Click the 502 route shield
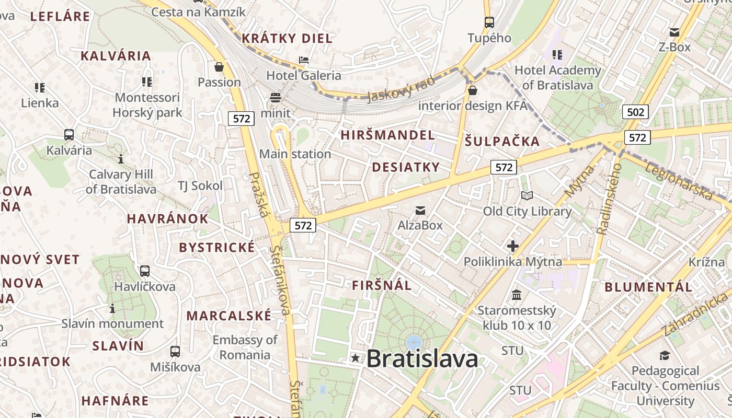(x=635, y=111)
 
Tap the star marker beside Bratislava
(x=356, y=358)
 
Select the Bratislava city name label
(x=422, y=358)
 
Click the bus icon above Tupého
(x=489, y=22)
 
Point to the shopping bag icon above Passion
(x=219, y=67)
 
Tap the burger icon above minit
(x=276, y=97)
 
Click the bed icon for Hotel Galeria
(x=304, y=60)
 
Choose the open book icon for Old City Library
(x=527, y=196)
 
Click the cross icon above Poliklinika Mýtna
(x=512, y=246)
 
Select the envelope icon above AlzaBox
(x=420, y=211)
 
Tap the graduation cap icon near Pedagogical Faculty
(x=665, y=356)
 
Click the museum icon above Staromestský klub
(x=517, y=295)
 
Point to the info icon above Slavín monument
(x=112, y=308)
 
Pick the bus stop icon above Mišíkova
(x=175, y=352)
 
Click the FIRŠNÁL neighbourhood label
(x=382, y=286)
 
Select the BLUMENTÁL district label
(x=648, y=287)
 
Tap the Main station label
(x=295, y=154)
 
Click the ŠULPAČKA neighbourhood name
(x=502, y=141)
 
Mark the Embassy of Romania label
(x=245, y=347)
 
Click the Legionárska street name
(x=679, y=181)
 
